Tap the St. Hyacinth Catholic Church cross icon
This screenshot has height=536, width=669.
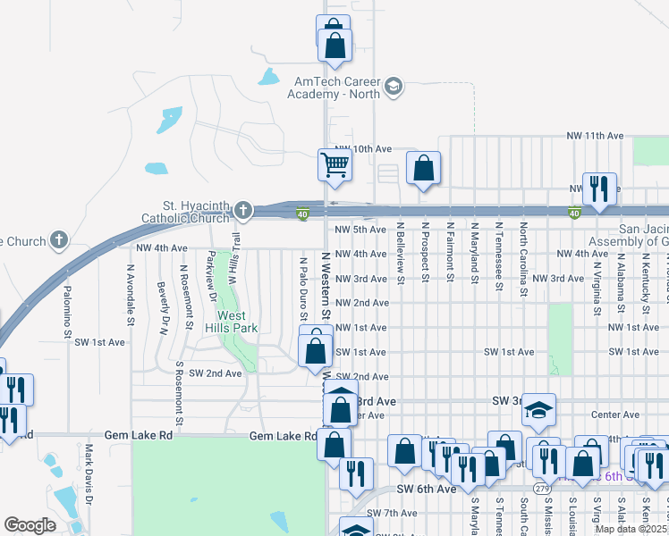coord(242,212)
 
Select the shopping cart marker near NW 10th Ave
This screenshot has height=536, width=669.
coord(334,164)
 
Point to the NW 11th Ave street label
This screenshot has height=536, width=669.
coord(595,136)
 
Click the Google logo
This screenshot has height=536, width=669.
coord(30,524)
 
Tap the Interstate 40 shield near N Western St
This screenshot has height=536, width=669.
coord(303,213)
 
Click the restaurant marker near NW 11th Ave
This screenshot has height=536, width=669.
coord(597,188)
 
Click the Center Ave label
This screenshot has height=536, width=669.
coord(615,415)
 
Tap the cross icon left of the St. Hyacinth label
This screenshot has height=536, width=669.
coord(59,239)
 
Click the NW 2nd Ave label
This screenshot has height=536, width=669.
coord(361,303)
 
